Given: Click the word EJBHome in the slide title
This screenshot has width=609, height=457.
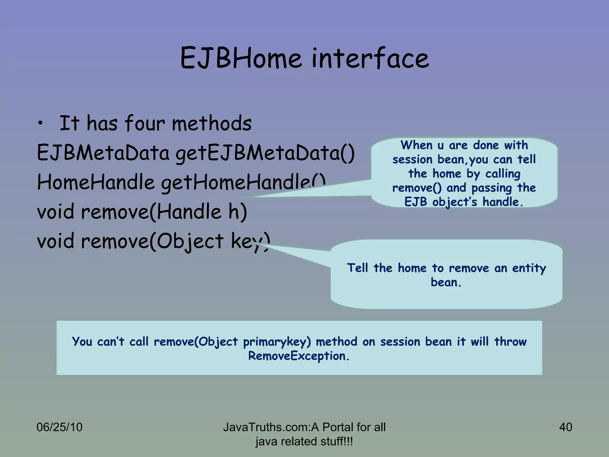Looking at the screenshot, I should click(x=241, y=58).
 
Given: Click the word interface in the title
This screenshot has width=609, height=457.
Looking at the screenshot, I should click(x=370, y=58).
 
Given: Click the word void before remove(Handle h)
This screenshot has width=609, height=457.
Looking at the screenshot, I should click(x=55, y=212).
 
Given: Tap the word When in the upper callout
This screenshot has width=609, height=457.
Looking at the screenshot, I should click(x=416, y=145).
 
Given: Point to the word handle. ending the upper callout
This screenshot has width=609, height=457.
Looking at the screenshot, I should click(x=503, y=202).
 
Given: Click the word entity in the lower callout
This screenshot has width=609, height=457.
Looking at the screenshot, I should click(x=529, y=268).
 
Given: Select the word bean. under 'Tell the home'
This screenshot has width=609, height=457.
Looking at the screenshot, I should click(x=446, y=282).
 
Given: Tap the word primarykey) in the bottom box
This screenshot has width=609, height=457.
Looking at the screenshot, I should click(x=277, y=342).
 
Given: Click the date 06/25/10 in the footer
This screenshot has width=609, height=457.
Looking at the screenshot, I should click(x=59, y=427).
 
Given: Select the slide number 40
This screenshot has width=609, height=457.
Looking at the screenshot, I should click(x=565, y=427).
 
